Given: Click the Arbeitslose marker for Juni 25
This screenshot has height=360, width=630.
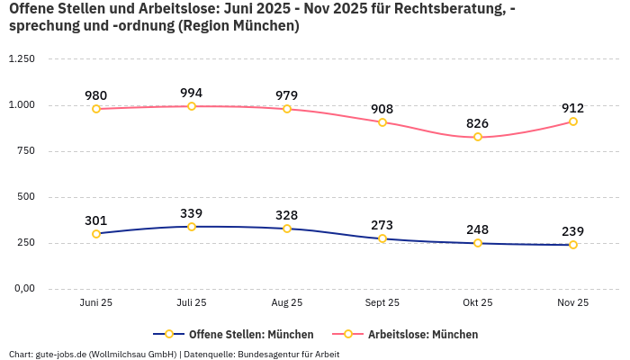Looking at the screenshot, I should coord(96,109).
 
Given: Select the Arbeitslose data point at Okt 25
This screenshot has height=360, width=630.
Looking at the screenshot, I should coord(478,137).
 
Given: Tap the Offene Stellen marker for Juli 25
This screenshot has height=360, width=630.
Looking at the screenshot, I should coord(192,227).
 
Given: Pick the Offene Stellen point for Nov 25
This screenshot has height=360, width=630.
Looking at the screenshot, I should coord(573,245).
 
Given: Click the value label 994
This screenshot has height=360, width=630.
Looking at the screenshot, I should coord(192,93).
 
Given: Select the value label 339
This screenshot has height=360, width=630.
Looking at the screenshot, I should coord(192,213).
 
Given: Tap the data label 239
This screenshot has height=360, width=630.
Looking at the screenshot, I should coord(573,231).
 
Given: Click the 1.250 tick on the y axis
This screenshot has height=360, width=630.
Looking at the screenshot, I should coord(21,59).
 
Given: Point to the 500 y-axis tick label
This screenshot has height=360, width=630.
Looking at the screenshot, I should coord(26,197).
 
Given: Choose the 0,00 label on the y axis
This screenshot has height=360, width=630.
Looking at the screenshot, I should coord(23,289).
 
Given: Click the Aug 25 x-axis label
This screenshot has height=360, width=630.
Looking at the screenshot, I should coord(287,303).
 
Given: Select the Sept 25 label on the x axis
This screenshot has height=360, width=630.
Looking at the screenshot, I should coord(382,303).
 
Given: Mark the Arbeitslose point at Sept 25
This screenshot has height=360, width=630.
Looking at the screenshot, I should coord(382,122).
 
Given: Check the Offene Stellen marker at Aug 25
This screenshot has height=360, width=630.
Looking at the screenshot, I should coord(287,229).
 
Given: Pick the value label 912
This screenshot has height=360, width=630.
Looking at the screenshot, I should coord(573,108).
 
